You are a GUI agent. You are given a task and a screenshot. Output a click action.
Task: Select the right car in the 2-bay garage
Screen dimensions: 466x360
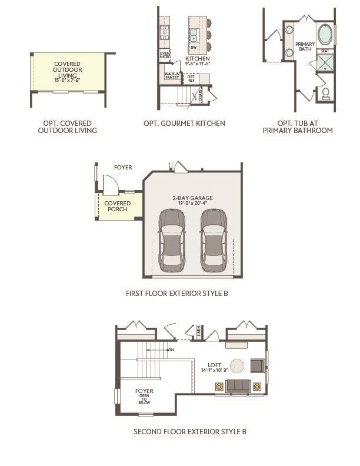[213, 240]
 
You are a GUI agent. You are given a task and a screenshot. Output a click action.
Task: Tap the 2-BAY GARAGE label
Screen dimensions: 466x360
[193, 198]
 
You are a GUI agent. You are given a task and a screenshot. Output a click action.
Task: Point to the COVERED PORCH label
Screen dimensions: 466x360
[118, 207]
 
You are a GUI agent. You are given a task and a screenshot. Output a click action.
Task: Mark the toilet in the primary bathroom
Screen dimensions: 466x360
[325, 92]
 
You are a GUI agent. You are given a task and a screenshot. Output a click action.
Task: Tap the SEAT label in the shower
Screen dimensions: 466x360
[324, 51]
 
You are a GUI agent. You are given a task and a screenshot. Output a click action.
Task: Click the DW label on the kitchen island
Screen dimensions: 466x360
[194, 47]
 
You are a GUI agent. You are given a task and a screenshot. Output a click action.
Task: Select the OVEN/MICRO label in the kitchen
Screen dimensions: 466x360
[165, 55]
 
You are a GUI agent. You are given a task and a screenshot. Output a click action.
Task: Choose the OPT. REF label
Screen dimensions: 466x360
[191, 78]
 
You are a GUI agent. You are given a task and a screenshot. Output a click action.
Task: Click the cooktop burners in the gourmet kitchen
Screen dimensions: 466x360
[165, 31]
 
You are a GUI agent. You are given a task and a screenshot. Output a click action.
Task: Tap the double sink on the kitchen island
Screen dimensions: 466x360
[194, 33]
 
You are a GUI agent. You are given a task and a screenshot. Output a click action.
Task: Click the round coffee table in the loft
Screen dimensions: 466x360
[237, 366]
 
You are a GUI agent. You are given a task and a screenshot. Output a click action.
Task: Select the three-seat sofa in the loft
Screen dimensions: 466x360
[238, 386]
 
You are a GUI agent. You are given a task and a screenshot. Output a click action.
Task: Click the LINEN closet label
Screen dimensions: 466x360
[199, 333]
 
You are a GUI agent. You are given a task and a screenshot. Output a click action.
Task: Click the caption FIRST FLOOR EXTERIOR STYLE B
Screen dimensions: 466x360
[176, 292]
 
